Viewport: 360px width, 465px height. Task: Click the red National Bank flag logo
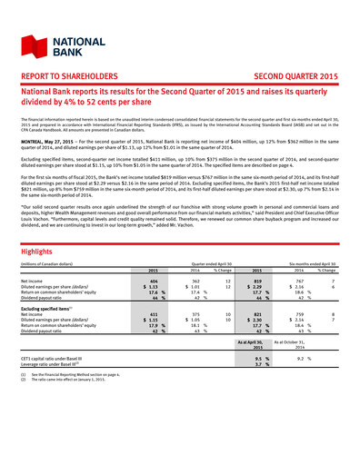pyautogui.click(x=29, y=35)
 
